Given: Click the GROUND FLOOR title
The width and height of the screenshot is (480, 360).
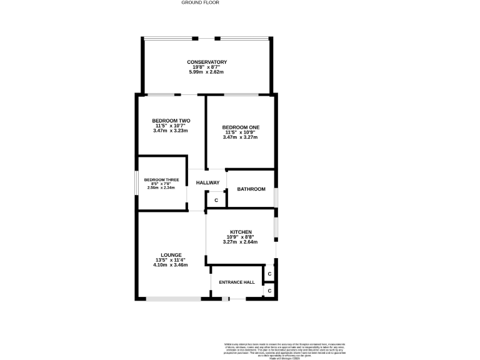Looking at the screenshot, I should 200,2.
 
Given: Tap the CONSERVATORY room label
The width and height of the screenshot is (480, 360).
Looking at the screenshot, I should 206,62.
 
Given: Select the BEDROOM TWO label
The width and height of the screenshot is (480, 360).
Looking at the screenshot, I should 171,121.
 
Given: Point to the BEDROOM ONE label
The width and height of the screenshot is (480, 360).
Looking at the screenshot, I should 241,127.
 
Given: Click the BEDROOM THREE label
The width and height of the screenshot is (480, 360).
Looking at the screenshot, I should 161,180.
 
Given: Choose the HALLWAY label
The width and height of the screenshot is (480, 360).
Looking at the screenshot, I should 207,182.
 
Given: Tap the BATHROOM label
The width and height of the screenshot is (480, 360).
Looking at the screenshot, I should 251,189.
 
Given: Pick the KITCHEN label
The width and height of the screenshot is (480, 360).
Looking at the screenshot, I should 241,232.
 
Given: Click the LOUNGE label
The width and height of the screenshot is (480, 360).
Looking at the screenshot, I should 171,254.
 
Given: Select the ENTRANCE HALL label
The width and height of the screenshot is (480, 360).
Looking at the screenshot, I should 236,282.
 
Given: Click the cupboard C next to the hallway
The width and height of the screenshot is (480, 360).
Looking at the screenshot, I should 216,201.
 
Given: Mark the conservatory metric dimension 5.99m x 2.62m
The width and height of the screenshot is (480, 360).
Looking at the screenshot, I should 206,72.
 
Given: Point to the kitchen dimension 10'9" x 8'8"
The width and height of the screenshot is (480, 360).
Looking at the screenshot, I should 241,237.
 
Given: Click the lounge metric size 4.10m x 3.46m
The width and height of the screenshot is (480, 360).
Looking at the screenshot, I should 171,265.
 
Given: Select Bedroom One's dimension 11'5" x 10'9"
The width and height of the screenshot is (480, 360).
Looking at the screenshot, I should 241,132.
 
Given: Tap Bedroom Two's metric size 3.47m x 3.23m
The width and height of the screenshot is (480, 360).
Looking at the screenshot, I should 171,131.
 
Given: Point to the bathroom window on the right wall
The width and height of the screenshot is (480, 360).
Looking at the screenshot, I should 275,196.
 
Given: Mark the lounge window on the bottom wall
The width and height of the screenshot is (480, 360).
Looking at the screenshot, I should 173,299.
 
